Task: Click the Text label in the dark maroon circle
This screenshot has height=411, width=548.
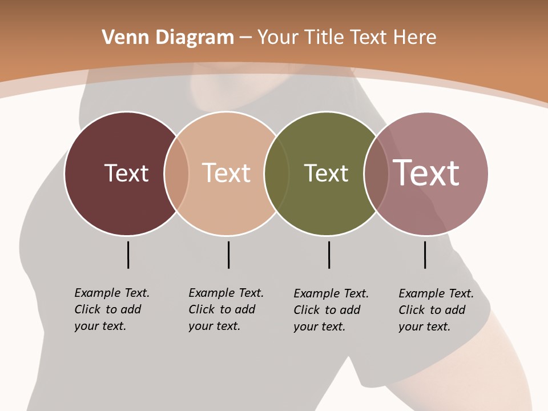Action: coord(126,173)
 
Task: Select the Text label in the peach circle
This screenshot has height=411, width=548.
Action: coord(226,173)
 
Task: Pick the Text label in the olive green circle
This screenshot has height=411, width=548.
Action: coord(326,173)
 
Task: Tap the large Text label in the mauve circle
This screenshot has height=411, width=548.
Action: coord(426,173)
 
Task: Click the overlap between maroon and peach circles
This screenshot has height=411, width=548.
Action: coord(176,174)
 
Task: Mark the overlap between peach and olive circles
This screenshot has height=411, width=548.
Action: coord(276,174)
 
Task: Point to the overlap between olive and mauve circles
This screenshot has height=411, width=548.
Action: coord(374,174)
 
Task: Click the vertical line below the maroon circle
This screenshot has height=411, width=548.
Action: coord(128,255)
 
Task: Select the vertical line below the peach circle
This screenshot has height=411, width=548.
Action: coord(228,255)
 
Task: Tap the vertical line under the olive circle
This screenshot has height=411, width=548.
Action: coord(329,255)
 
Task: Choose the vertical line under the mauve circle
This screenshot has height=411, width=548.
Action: coord(425,255)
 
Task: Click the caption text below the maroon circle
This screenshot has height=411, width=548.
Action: coord(111,309)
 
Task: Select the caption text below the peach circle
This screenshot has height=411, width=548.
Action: coord(225,309)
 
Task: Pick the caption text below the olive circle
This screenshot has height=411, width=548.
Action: coord(331,310)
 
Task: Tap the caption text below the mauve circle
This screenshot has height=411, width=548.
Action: coord(436,310)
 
